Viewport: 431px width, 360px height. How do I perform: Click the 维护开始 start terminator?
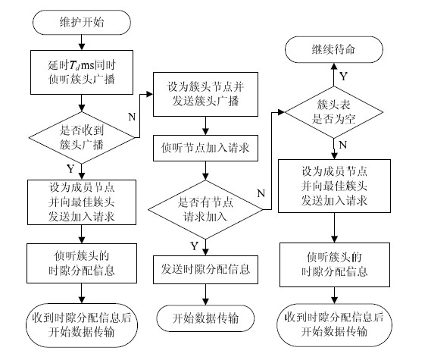click(82, 23)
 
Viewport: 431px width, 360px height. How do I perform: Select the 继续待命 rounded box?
click(334, 49)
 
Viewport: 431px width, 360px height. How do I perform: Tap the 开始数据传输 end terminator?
click(205, 318)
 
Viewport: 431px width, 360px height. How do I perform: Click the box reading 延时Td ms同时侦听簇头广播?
click(82, 72)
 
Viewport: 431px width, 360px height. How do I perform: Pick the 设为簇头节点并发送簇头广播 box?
click(205, 94)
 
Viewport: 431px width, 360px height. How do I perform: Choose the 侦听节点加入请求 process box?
click(205, 148)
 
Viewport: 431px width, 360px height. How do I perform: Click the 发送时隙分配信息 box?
click(205, 270)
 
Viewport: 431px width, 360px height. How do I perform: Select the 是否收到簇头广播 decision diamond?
click(82, 137)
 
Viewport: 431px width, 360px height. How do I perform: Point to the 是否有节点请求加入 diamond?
click(205, 210)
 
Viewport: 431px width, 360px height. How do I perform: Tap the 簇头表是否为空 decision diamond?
click(334, 112)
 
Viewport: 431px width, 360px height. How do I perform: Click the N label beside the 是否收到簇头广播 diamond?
click(132, 117)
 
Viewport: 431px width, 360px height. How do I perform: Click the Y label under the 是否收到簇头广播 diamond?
click(70, 168)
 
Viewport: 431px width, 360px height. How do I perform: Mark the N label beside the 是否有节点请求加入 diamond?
click(261, 193)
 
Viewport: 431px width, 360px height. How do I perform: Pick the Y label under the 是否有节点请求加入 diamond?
click(195, 246)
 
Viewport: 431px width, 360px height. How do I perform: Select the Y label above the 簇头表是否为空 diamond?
click(344, 77)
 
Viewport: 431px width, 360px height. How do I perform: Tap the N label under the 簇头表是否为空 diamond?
click(343, 145)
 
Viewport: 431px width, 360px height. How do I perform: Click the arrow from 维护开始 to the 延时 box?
click(82, 42)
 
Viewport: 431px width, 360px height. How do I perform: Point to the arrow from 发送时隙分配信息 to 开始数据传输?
click(205, 295)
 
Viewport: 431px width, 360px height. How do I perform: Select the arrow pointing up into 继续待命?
click(334, 74)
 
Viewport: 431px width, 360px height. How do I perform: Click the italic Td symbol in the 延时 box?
click(74, 66)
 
